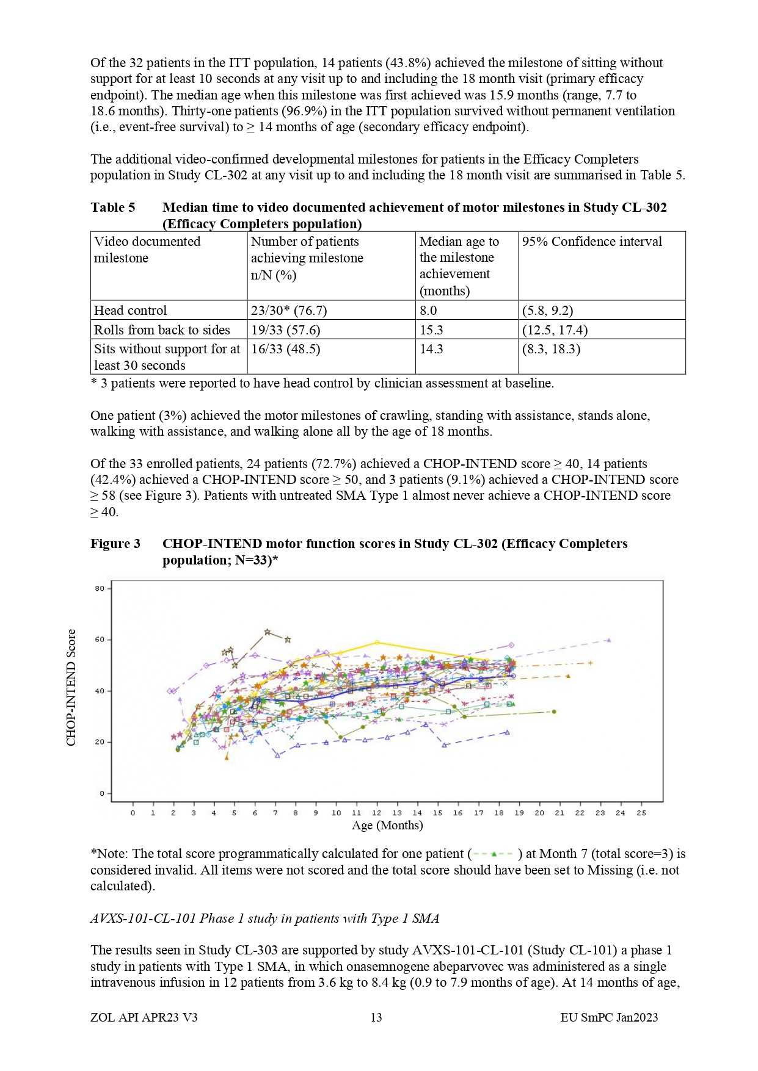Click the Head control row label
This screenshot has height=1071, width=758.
[130, 310]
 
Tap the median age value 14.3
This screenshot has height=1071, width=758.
[431, 349]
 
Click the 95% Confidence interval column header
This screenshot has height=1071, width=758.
[591, 242]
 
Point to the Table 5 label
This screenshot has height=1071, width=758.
[113, 207]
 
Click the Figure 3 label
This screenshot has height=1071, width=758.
[115, 544]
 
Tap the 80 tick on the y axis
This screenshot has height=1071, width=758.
[100, 589]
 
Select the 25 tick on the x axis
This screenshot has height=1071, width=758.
[641, 813]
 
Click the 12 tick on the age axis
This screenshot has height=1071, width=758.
[377, 813]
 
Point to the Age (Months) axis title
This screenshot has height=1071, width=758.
[387, 826]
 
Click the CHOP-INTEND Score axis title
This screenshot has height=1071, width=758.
[71, 687]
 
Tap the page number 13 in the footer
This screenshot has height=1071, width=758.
[376, 1017]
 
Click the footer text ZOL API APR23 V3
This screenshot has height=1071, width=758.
[144, 1017]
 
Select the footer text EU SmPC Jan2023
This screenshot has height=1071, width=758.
[609, 1017]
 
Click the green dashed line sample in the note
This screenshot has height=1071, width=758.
[494, 854]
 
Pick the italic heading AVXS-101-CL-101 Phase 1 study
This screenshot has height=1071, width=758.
[264, 918]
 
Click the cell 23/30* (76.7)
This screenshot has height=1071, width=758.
[289, 310]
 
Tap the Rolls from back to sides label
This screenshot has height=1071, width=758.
[162, 330]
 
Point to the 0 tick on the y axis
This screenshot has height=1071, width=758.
[102, 794]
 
